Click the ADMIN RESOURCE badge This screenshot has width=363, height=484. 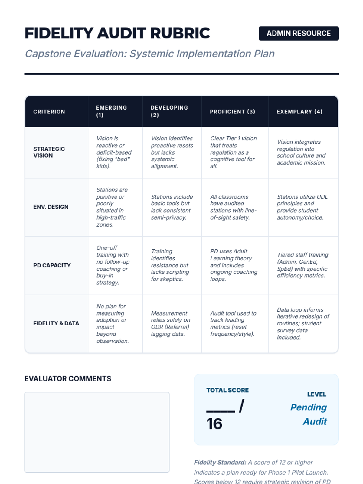[299, 33]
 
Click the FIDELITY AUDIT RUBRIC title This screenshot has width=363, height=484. [117, 33]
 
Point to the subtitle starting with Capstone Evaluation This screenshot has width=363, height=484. [149, 54]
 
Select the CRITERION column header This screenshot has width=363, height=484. [49, 112]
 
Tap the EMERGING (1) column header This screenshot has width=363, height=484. [111, 111]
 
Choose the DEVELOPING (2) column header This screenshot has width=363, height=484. [169, 111]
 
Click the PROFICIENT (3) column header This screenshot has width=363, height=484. [232, 112]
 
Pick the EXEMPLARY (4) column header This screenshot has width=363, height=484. [299, 112]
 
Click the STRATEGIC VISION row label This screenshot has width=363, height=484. [49, 152]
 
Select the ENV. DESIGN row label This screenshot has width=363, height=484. [51, 207]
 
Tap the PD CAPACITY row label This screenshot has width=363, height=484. [52, 265]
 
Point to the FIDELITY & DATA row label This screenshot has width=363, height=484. [56, 323]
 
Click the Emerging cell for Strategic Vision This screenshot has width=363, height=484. [114, 152]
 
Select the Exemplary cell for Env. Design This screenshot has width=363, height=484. [302, 207]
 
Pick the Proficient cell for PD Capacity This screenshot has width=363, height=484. [234, 265]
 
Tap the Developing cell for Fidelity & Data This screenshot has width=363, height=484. [170, 323]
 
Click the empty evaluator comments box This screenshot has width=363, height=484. [97, 432]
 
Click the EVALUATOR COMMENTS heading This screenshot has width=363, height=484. [68, 379]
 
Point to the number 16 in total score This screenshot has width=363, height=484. [214, 424]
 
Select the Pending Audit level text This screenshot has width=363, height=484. [309, 414]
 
